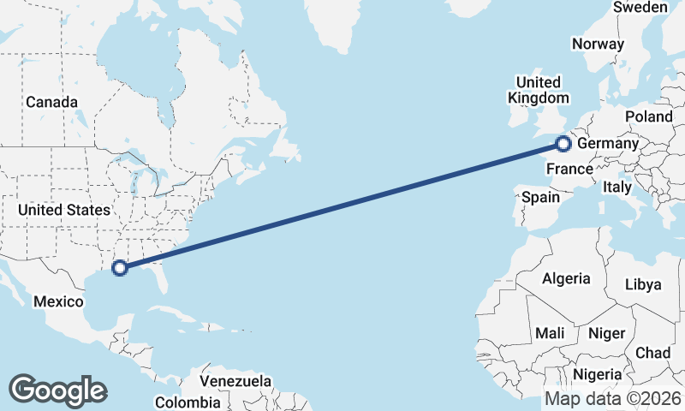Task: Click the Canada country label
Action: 51,102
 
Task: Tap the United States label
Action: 64,210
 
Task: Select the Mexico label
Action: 58,301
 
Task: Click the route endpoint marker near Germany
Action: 563,144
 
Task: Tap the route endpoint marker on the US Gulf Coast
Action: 120,268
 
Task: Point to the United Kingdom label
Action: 538,90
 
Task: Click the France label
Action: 569,168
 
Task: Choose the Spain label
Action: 540,197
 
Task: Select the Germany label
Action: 608,144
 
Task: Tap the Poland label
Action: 648,116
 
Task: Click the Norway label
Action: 599,45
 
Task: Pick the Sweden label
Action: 640,8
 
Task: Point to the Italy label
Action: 616,187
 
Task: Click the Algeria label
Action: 565,278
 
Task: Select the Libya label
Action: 643,284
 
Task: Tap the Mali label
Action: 549,332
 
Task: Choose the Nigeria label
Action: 597,374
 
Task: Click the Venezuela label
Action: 235,381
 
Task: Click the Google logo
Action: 57,390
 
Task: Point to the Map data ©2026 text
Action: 612,398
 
